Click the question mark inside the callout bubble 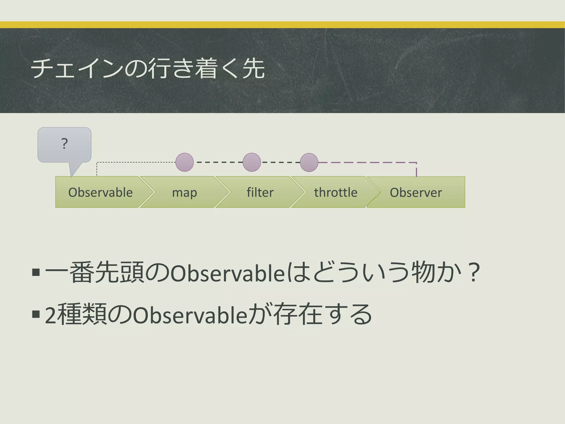(x=64, y=144)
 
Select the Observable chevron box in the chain (x=101, y=192)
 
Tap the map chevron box (x=185, y=192)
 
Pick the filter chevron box (x=260, y=192)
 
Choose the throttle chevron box (x=336, y=192)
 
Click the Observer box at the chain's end (x=416, y=192)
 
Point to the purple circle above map (x=185, y=162)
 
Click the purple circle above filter (x=252, y=162)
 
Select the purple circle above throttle (x=309, y=162)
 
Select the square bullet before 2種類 (x=36, y=314)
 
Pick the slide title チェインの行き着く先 (x=148, y=69)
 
